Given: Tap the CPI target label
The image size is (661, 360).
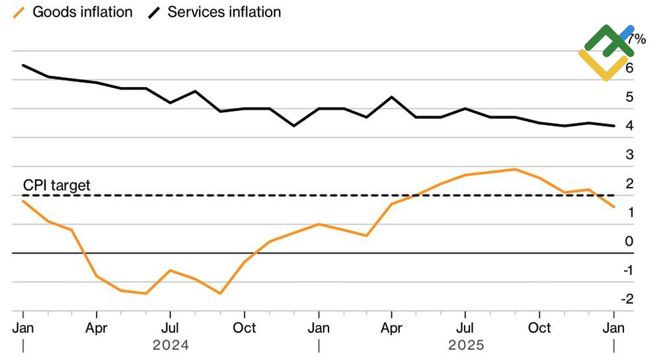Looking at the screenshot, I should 57,186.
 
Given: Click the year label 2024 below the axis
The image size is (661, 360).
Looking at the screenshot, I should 171,345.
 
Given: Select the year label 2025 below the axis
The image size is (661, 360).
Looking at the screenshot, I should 466,345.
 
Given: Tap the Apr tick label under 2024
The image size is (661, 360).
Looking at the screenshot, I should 97,328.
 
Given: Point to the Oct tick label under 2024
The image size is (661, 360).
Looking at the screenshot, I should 245,328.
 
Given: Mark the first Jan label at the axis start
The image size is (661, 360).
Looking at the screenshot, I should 23,328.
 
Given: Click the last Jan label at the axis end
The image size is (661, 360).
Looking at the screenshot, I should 614,328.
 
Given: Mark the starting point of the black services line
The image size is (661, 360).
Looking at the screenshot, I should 23,65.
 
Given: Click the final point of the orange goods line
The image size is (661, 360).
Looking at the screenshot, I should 614,207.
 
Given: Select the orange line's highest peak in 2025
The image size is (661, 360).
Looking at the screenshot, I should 515,169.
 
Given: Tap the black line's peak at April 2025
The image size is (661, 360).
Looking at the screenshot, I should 392,97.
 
